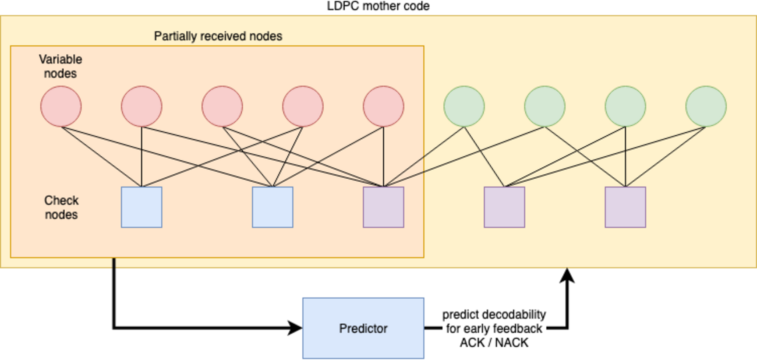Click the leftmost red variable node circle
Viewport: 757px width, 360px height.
61,106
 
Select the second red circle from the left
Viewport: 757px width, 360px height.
141,106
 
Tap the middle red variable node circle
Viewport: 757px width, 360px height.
222,106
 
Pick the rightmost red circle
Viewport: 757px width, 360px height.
383,106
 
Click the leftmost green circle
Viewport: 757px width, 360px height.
464,106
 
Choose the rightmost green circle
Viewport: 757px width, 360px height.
706,106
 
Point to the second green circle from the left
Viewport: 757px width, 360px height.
545,106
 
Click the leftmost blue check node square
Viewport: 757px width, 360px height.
141,207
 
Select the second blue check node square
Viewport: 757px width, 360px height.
272,207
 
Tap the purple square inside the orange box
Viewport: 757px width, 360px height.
383,207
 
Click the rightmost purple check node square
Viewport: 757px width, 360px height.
625,207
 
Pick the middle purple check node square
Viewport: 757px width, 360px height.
504,207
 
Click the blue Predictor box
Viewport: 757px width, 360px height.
363,328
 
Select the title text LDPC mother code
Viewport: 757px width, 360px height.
378,6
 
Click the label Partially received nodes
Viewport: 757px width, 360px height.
218,36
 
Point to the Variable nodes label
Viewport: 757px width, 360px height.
60,66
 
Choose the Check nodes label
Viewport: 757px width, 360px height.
61,207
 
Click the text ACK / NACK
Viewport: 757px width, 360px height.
494,342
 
